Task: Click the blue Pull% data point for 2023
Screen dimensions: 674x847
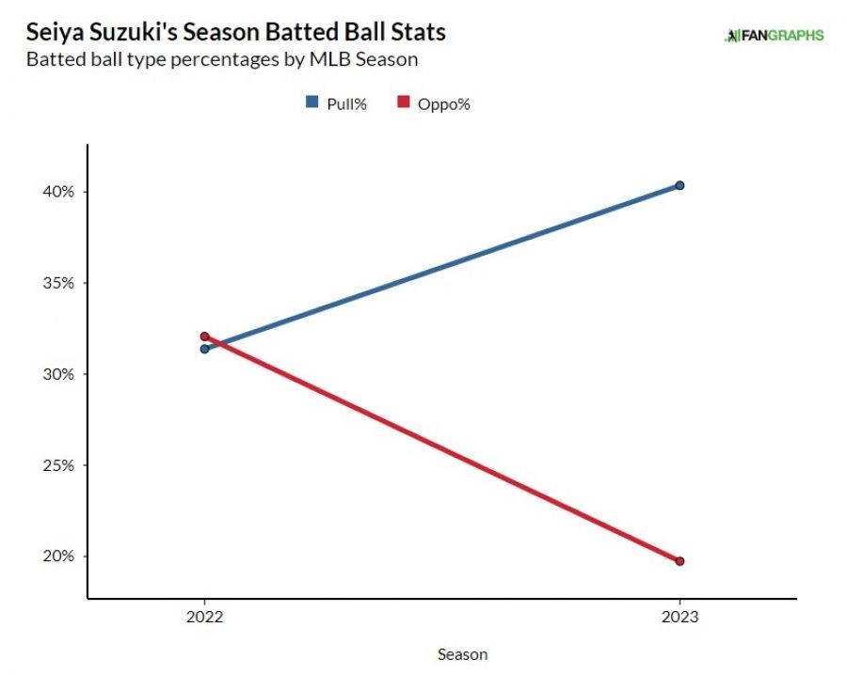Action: click(679, 185)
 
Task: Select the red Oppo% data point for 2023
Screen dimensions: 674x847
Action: click(679, 561)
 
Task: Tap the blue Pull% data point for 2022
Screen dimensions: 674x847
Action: click(204, 349)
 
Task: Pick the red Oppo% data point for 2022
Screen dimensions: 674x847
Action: click(204, 336)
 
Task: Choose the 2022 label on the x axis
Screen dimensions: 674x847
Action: click(204, 618)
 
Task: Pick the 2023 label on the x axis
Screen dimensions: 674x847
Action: click(679, 618)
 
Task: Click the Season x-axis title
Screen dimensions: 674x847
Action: click(463, 654)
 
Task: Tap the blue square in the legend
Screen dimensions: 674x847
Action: click(312, 102)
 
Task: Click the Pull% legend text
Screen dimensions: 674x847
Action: click(346, 103)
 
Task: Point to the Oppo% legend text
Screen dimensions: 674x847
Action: click(443, 103)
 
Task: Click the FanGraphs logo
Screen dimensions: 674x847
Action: click(774, 36)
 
